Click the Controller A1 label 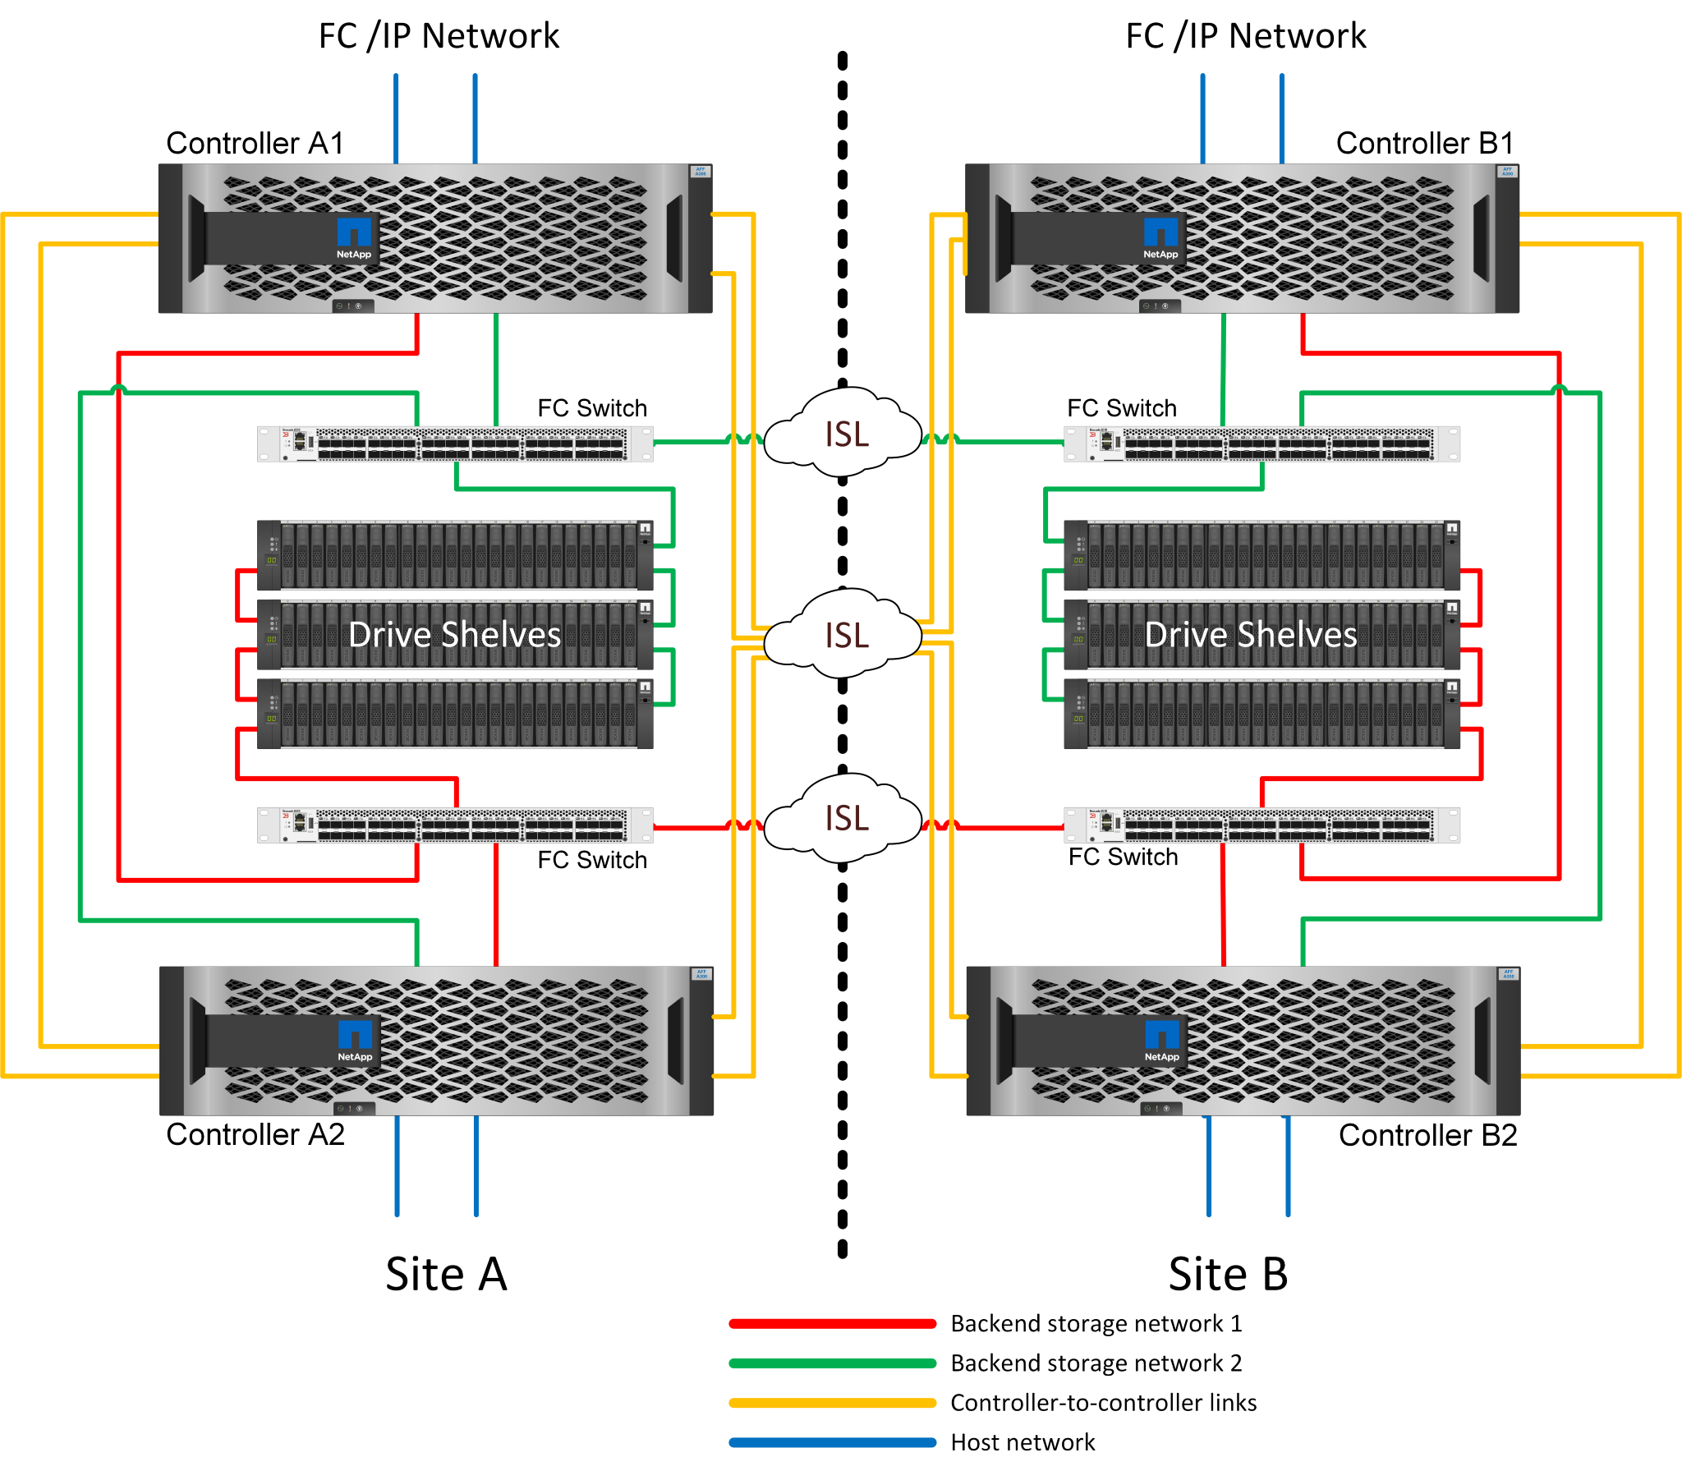255,143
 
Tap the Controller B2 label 1427,1135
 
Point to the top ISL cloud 845,434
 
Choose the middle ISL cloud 845,635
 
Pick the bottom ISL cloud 845,818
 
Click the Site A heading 446,1274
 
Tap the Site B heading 1228,1274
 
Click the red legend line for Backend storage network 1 832,1323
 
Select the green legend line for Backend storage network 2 832,1363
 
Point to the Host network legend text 1023,1442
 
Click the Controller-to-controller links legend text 1103,1403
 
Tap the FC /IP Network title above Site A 439,36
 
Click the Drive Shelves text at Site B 1251,635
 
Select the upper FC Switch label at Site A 592,408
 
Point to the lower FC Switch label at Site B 1123,857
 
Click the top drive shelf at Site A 455,555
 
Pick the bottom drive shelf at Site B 1261,714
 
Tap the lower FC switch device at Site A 455,825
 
